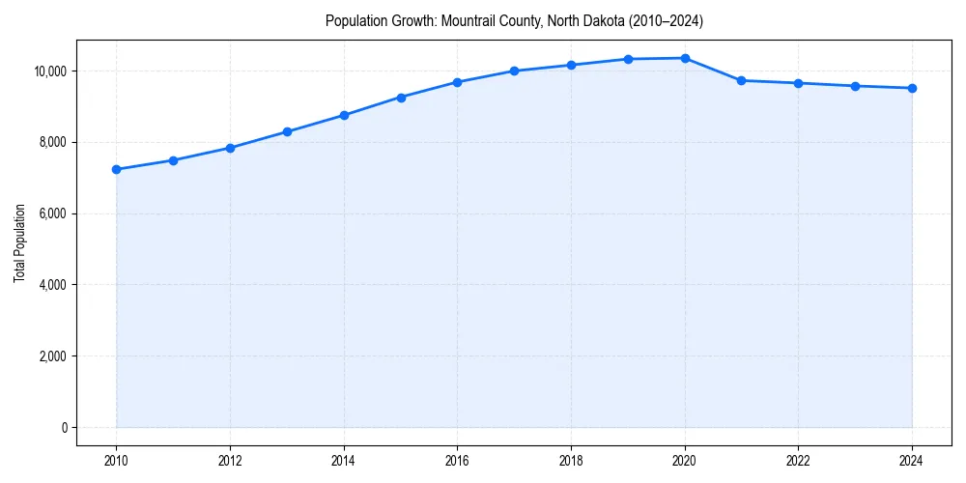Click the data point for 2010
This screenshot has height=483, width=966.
[116, 169]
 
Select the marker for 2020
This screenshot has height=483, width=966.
[685, 58]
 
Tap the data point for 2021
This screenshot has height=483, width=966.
[742, 80]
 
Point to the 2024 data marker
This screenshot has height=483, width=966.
[912, 88]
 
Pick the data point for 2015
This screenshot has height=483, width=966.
[401, 98]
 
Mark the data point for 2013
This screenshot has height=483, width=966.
[287, 131]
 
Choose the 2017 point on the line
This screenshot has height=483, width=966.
[514, 71]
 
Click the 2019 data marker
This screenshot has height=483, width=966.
[628, 59]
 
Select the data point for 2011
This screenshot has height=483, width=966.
[173, 160]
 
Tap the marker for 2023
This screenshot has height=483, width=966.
[855, 86]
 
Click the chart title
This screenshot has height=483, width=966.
[514, 20]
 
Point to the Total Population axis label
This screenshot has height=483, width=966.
[19, 242]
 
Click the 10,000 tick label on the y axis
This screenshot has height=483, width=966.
[47, 71]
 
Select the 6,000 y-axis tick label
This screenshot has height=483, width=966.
[50, 213]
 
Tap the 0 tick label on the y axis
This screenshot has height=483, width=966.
[63, 428]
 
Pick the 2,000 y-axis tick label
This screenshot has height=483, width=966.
[50, 356]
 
